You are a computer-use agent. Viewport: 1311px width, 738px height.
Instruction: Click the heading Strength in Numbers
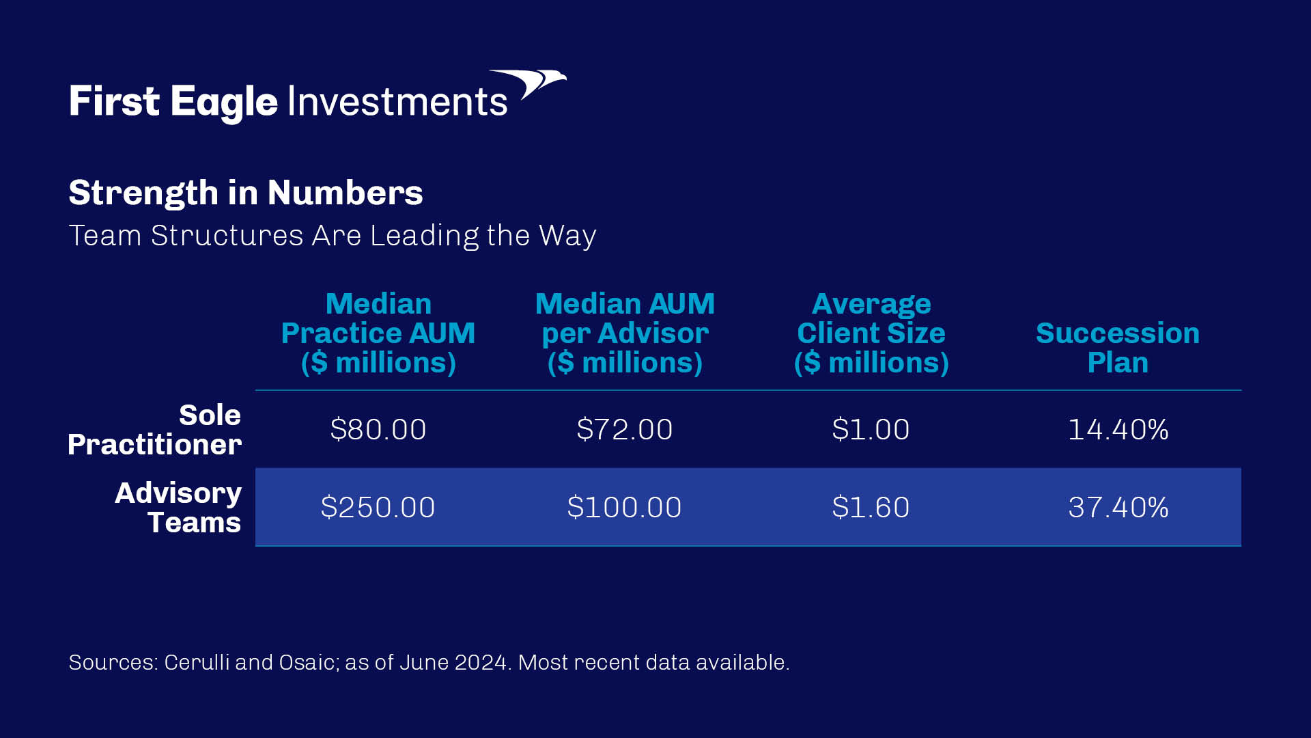pos(246,193)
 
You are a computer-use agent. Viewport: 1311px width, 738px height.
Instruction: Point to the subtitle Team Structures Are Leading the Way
pos(333,236)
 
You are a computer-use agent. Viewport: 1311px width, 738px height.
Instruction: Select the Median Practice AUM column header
pos(378,333)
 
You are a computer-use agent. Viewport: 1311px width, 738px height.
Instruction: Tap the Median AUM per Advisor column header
pos(625,333)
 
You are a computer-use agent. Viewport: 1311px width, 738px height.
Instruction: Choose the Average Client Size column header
pos(871,333)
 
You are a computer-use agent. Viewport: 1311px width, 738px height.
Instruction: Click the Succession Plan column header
pos(1118,347)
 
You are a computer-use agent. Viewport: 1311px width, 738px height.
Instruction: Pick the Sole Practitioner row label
pos(154,430)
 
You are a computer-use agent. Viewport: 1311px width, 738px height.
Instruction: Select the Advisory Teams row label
pos(178,508)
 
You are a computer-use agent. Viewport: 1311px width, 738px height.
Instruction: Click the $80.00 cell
pos(378,430)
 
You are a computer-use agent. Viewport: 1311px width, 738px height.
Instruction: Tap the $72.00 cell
pos(625,430)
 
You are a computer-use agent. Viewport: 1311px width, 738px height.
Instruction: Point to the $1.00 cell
pos(871,430)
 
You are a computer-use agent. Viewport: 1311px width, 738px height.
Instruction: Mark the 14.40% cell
pos(1118,430)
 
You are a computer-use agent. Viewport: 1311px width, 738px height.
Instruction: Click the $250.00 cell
pos(378,508)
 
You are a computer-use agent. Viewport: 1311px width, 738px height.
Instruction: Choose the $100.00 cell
pos(625,508)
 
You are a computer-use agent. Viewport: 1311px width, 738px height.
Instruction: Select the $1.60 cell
pos(871,508)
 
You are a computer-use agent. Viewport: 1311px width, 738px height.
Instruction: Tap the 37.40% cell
pos(1118,508)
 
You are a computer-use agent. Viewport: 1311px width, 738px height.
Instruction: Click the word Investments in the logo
pos(398,102)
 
